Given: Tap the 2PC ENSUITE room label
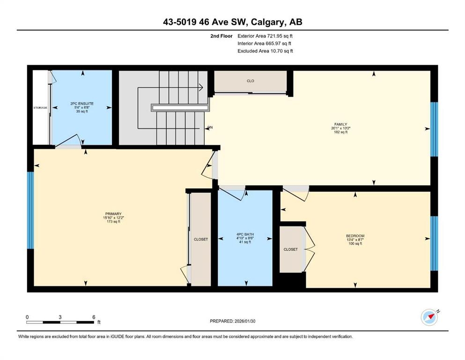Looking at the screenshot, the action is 82,104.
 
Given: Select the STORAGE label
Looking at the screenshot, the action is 40,107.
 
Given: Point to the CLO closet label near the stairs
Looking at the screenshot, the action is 250,81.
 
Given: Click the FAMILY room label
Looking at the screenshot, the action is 341,124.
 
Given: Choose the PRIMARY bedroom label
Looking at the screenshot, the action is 113,214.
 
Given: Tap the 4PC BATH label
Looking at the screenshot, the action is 245,234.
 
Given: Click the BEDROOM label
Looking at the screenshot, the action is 355,236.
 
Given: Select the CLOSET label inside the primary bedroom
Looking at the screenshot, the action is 201,239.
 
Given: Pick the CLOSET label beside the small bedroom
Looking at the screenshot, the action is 291,249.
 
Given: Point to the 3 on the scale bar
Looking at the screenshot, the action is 60,317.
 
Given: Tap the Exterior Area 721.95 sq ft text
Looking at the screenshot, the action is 265,36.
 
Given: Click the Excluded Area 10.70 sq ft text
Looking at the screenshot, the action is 265,51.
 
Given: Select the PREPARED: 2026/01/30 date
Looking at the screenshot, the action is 232,321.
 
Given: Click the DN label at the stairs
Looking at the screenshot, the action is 210,127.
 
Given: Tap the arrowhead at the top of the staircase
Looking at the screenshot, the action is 201,87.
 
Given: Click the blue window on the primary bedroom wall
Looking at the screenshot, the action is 30,210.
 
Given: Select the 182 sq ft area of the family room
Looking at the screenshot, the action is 341,132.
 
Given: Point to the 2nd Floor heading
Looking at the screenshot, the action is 221,36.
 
